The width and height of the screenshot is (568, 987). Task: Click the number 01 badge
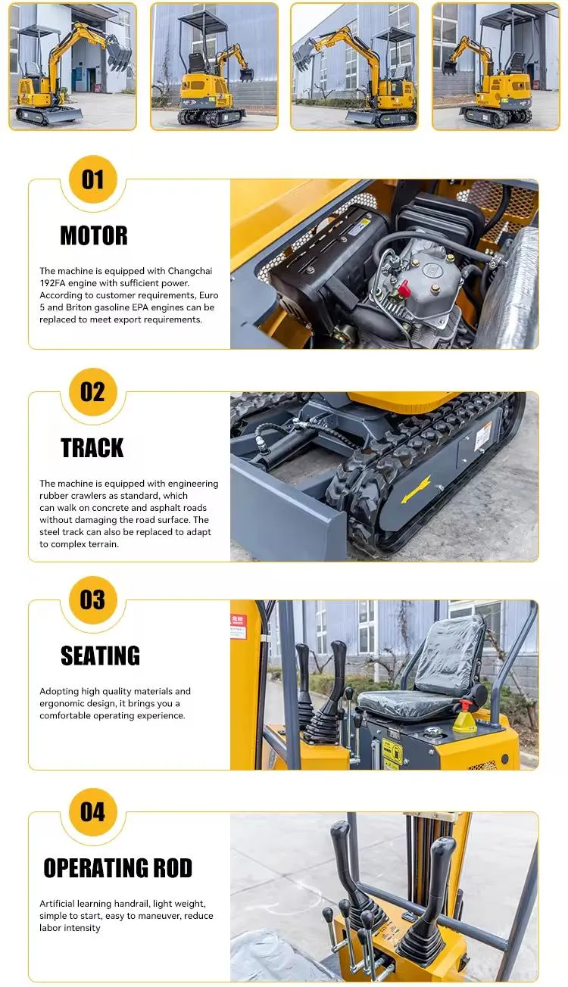pyautogui.click(x=92, y=180)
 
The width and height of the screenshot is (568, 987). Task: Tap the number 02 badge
pyautogui.click(x=92, y=392)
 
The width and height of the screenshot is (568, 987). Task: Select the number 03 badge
pyautogui.click(x=92, y=600)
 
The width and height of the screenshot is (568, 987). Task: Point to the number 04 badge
pyautogui.click(x=92, y=812)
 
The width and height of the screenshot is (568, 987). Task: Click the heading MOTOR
pyautogui.click(x=94, y=235)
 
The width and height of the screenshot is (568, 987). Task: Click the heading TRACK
pyautogui.click(x=92, y=448)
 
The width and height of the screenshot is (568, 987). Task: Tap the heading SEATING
pyautogui.click(x=100, y=655)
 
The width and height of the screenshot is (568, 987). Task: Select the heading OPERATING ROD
pyautogui.click(x=117, y=868)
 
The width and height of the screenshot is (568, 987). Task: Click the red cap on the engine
pyautogui.click(x=404, y=288)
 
